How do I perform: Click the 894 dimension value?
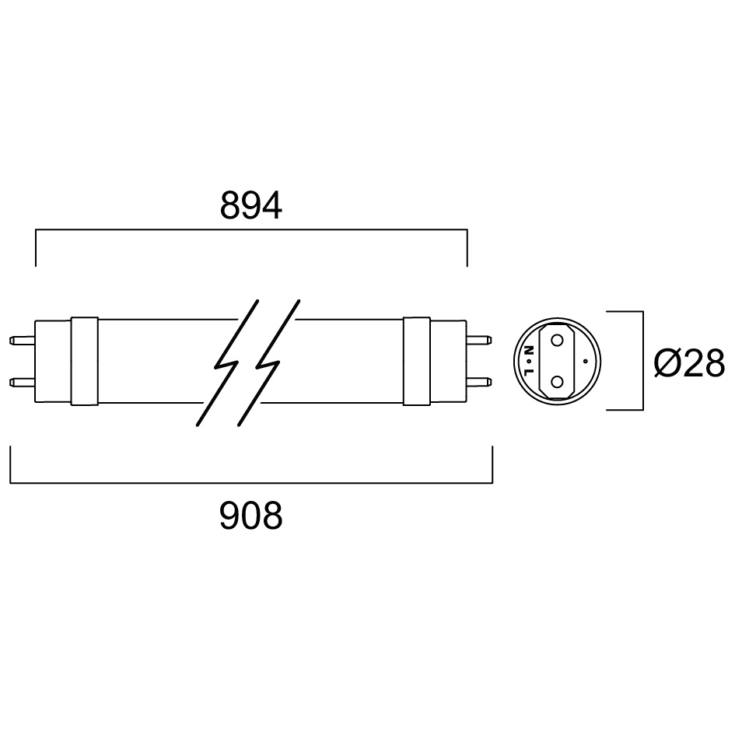click(x=250, y=205)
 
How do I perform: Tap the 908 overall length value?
click(x=250, y=516)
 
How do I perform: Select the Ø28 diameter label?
click(x=690, y=362)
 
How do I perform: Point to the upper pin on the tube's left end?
click(x=22, y=340)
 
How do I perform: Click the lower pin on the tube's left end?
click(x=22, y=382)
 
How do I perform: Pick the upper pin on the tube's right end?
click(x=479, y=340)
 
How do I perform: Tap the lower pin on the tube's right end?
click(x=479, y=382)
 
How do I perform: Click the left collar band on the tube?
click(x=84, y=361)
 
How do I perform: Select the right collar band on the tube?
click(x=417, y=361)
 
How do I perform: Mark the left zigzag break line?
click(x=227, y=363)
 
